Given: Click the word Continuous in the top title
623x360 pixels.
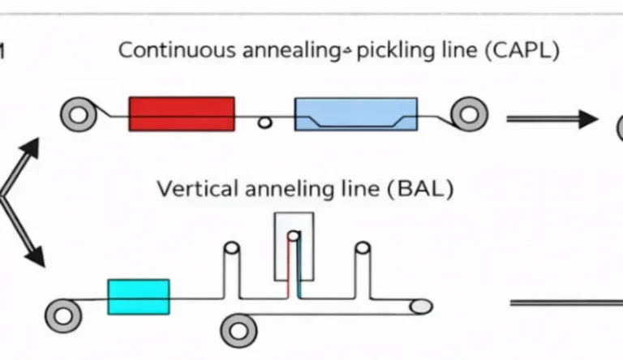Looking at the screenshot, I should tap(178, 50).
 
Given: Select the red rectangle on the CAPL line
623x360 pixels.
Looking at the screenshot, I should tap(182, 114).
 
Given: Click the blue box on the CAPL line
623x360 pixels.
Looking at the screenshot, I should tap(356, 114).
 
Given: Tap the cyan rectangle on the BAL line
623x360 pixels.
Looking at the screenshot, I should tap(139, 296).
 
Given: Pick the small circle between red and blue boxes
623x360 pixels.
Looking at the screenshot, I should tap(264, 122).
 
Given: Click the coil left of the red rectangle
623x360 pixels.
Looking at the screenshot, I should tap(79, 114).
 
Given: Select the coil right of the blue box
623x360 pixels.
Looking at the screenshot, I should tap(470, 114).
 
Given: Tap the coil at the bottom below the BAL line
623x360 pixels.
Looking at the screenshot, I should tap(238, 330).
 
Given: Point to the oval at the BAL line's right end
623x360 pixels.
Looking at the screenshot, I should tap(420, 306).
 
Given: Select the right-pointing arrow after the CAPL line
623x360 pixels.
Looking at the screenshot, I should tap(552, 119).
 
